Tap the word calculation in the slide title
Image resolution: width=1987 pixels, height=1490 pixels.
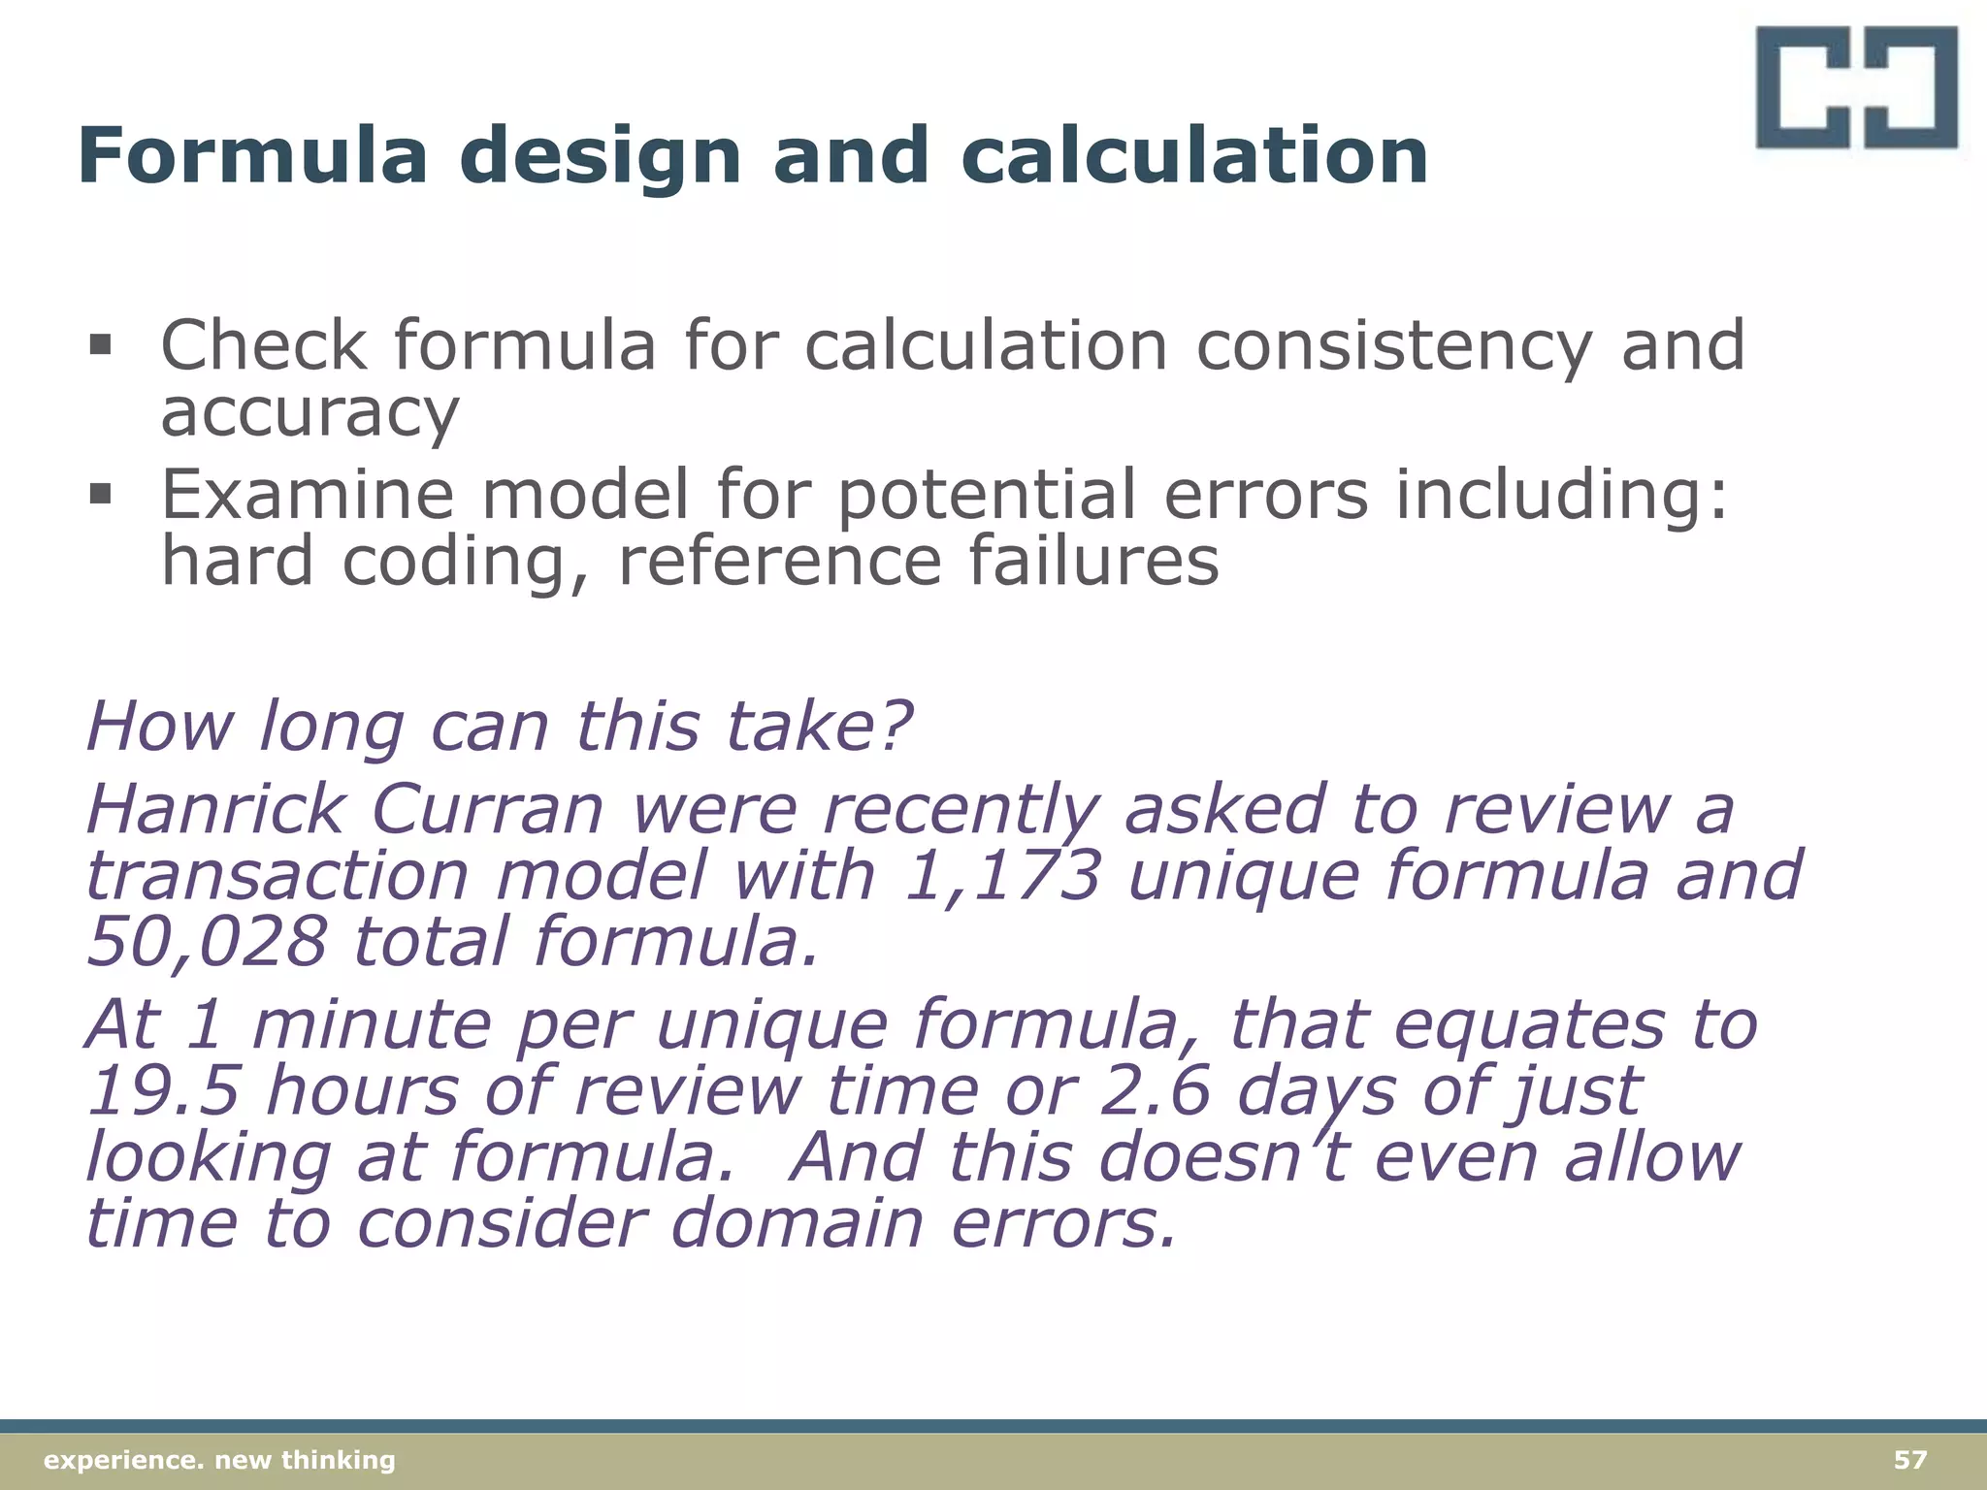tap(1194, 155)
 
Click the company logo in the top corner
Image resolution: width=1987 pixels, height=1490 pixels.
tap(1857, 87)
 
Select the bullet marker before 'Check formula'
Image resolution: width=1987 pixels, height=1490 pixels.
tap(100, 344)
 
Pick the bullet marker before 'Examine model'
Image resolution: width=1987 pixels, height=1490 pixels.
tap(100, 495)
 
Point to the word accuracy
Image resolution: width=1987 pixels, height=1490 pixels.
tap(309, 412)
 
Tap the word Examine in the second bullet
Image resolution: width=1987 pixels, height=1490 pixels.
tap(307, 495)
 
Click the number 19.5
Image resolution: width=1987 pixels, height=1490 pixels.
tap(163, 1090)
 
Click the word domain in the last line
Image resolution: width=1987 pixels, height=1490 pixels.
tap(797, 1223)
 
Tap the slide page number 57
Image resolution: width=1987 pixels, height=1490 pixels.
tap(1910, 1459)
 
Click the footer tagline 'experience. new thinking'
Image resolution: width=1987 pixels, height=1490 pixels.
tap(220, 1460)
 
